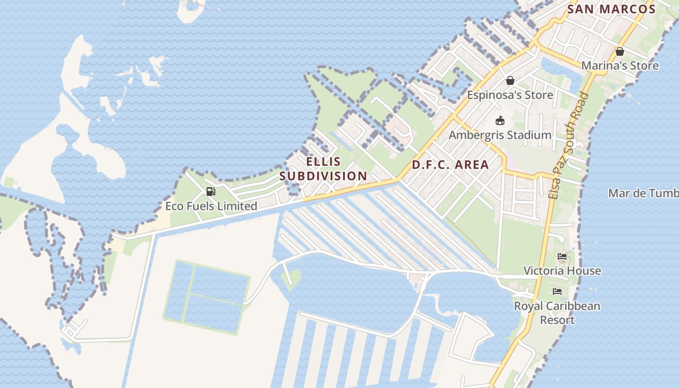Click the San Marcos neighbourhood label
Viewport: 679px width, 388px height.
pyautogui.click(x=611, y=9)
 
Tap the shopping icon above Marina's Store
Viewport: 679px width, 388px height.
pyautogui.click(x=619, y=51)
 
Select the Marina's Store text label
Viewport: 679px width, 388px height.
pyautogui.click(x=620, y=65)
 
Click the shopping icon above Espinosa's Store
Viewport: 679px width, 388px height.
pyautogui.click(x=510, y=81)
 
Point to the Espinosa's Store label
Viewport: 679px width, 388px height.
pyautogui.click(x=510, y=95)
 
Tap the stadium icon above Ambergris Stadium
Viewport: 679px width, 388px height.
pyautogui.click(x=500, y=121)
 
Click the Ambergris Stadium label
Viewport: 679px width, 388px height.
pyautogui.click(x=500, y=135)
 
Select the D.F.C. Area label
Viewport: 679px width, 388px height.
pyautogui.click(x=450, y=165)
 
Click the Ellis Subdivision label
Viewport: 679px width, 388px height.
pyautogui.click(x=323, y=169)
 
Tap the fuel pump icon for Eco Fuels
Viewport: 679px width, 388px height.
pyautogui.click(x=210, y=192)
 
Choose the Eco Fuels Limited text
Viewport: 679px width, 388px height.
pyautogui.click(x=211, y=206)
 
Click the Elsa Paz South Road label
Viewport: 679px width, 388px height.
pyautogui.click(x=568, y=145)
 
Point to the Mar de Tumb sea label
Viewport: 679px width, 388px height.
pyautogui.click(x=643, y=193)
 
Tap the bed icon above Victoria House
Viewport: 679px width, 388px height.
pyautogui.click(x=562, y=257)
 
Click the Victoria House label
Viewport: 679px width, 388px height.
pyautogui.click(x=562, y=271)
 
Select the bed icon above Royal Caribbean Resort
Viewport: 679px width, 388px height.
pyautogui.click(x=557, y=291)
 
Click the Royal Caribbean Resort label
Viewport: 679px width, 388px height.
pyautogui.click(x=557, y=313)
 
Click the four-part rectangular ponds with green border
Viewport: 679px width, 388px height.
pyautogui.click(x=208, y=297)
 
